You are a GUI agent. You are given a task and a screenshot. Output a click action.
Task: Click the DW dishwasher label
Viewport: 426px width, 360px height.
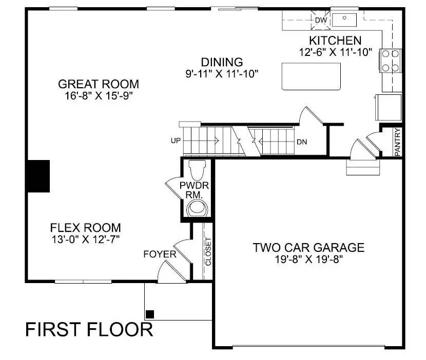point(321,20)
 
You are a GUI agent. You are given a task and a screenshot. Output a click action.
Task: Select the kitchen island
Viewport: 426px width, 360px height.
point(311,76)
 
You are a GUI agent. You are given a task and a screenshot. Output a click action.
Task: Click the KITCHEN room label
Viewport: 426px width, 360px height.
point(335,41)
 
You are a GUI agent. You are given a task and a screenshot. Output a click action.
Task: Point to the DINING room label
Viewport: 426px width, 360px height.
point(222,62)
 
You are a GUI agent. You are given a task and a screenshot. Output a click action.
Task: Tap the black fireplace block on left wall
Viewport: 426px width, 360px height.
point(38,176)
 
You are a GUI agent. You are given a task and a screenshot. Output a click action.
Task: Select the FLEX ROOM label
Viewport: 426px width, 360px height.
point(86,227)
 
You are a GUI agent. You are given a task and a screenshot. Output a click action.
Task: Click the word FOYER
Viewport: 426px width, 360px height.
point(160,254)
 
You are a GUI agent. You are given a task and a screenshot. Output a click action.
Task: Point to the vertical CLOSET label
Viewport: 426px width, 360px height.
point(208,251)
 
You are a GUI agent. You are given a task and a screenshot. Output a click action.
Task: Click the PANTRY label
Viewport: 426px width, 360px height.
point(398,142)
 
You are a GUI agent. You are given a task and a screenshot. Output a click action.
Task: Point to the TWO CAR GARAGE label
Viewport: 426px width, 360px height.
point(308,248)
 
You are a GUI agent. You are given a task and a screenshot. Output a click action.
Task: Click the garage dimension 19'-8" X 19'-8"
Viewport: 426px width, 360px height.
point(308,259)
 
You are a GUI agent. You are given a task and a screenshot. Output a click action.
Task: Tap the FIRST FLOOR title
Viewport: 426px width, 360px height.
point(89,329)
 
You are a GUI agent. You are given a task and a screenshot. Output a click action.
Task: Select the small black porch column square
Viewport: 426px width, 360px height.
point(149,314)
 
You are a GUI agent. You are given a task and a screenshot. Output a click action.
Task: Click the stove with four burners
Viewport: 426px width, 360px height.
point(390,60)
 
